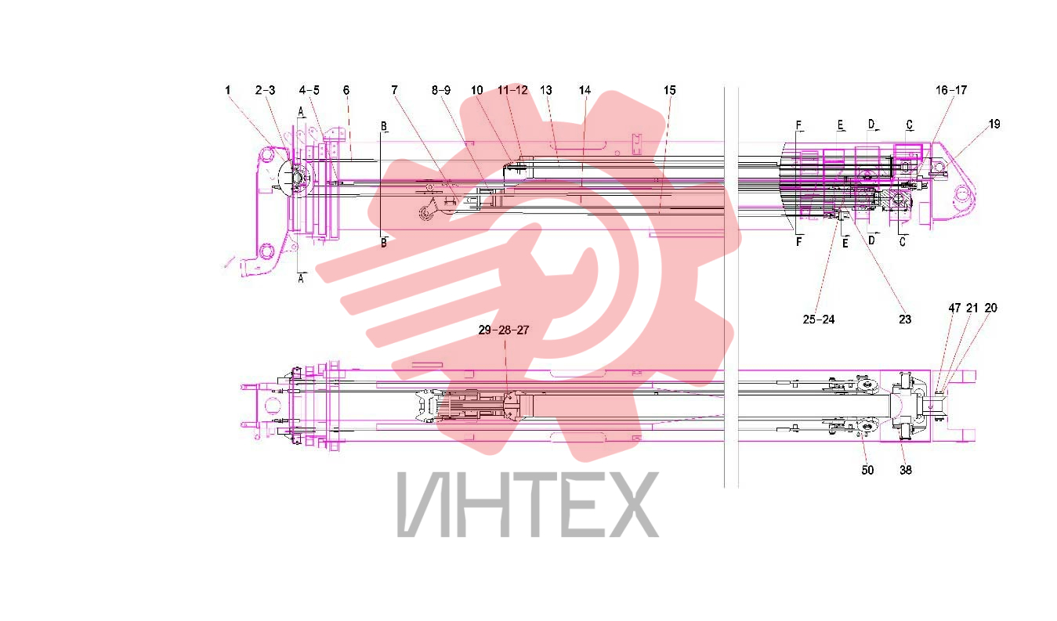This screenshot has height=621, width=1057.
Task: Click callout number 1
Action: coord(228,90)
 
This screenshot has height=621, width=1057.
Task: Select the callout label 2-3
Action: coord(265,90)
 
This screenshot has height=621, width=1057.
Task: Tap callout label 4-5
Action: coord(309,90)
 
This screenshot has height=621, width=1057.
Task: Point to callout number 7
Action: coord(394,90)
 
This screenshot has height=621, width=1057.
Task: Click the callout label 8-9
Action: coord(441,90)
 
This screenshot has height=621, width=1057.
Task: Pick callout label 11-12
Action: coord(513,90)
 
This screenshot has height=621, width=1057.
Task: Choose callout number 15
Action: coord(670,90)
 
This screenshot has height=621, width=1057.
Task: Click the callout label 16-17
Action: coord(951,90)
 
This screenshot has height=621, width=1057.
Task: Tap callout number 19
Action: coord(994,124)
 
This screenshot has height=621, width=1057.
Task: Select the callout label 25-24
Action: coord(819,320)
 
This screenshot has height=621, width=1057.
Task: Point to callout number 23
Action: coord(905,320)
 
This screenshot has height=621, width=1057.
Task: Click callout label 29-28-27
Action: coord(504,330)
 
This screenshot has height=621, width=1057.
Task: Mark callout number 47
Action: coord(954,308)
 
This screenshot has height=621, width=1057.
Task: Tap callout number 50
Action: coord(868,470)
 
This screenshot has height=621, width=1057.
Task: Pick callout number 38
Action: coord(906,470)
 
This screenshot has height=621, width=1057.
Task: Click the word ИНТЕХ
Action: coord(528,504)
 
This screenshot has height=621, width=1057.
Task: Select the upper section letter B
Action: coord(384,126)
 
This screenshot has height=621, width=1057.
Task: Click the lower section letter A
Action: coord(301,279)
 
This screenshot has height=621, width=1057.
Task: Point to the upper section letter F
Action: coord(799,125)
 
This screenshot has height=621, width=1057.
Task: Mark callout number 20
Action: coord(990,308)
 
